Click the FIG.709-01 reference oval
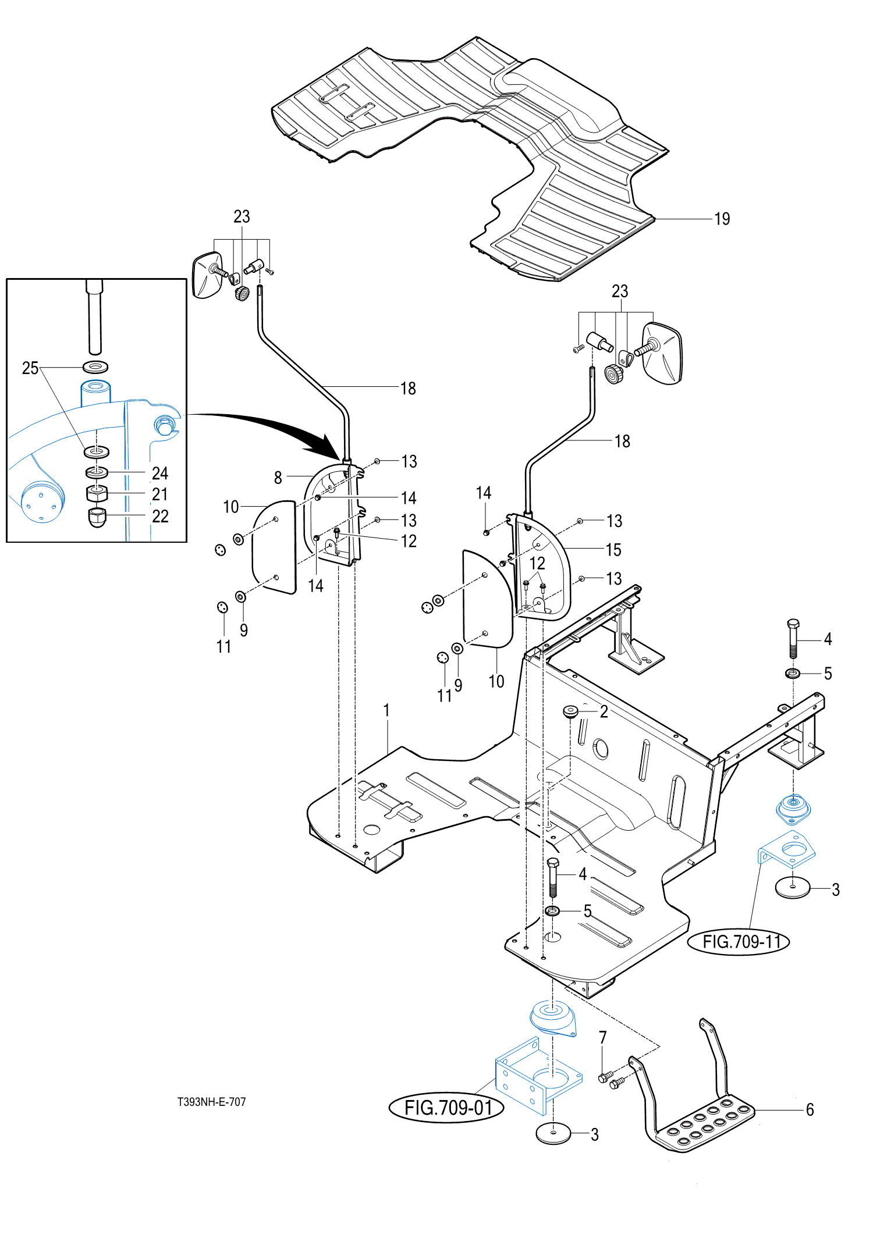446,1107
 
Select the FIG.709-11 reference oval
739,941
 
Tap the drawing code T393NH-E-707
212,1102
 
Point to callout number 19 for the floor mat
722,219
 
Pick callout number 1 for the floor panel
386,710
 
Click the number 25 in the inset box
30,368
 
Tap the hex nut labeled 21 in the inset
97,493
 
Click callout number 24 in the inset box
160,473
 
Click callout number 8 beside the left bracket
278,478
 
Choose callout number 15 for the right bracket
613,550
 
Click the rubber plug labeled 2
570,711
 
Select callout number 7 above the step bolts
603,1037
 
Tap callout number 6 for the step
810,1109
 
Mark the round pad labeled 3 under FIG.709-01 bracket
553,1134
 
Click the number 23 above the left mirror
242,216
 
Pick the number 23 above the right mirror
620,291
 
